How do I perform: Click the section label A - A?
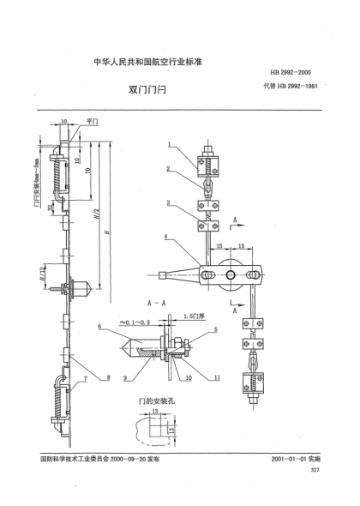coord(155,304)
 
